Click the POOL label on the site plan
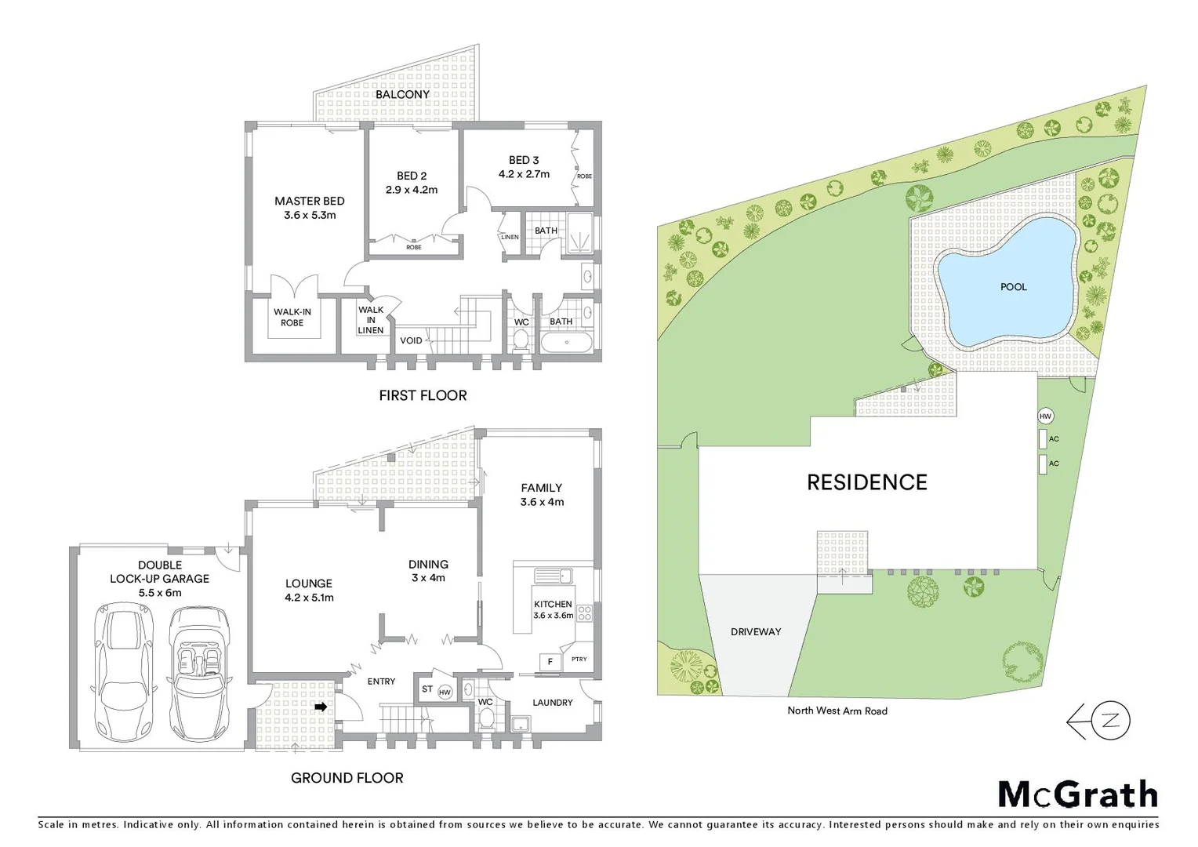coord(1013,287)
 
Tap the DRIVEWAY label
coord(756,631)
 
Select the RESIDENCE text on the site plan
coord(867,482)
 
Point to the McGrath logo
coord(1077,794)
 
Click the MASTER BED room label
coord(309,202)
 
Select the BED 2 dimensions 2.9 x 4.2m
coord(412,190)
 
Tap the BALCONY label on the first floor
coord(402,94)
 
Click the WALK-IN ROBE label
coord(292,317)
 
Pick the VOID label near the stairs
coord(411,340)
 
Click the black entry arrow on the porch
coord(320,707)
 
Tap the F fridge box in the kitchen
coord(550,662)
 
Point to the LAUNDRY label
coord(553,703)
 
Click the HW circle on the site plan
coord(1045,416)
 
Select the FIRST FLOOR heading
coord(423,396)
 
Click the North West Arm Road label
coord(837,711)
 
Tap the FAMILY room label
coord(541,488)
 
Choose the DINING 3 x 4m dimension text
coord(428,578)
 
